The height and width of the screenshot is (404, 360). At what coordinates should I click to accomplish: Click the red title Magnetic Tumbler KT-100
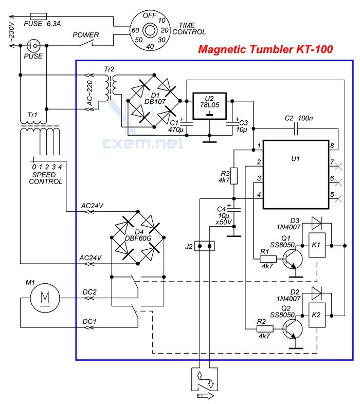265,49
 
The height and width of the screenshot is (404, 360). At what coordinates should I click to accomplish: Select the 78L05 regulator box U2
210,106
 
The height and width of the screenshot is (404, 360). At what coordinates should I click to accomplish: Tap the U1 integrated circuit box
296,174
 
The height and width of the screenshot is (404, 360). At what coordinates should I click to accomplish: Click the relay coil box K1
317,245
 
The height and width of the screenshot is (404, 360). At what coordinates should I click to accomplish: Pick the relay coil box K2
317,315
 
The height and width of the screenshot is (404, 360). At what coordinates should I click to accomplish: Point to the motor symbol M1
45,298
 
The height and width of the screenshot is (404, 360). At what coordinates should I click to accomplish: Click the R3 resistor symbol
234,176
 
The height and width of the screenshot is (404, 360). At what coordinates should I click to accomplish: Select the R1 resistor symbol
268,259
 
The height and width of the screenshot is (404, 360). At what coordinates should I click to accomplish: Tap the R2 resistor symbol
265,329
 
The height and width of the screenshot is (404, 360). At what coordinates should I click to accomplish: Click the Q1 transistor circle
293,259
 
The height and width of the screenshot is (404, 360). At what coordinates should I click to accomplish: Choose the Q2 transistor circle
293,329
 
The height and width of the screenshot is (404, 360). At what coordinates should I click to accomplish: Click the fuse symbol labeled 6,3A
39,16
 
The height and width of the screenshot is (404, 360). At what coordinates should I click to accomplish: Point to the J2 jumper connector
205,246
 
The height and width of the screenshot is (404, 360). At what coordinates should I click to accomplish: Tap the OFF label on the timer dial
150,15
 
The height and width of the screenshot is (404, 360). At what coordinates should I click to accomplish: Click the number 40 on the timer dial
150,46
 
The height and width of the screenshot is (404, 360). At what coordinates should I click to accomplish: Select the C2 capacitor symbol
296,128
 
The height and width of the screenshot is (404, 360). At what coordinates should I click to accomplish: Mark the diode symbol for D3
316,223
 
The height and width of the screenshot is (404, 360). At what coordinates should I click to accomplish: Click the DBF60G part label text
138,238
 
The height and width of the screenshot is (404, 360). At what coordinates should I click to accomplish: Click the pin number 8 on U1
332,146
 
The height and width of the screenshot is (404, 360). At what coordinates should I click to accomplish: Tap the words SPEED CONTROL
45,178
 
